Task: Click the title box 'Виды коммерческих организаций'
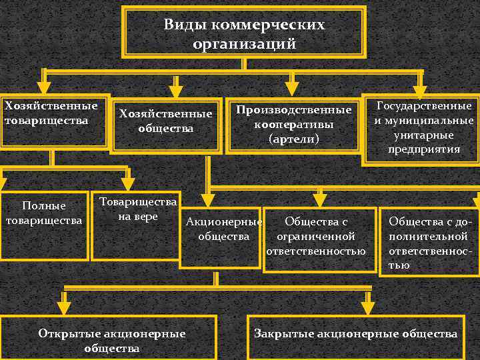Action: coord(244,33)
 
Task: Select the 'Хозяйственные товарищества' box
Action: coord(53,120)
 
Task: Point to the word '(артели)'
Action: coord(293,139)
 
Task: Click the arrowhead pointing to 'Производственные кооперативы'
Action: coord(291,88)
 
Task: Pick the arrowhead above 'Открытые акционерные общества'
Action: coord(64,306)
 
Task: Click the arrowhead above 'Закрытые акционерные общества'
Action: coord(368,306)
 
